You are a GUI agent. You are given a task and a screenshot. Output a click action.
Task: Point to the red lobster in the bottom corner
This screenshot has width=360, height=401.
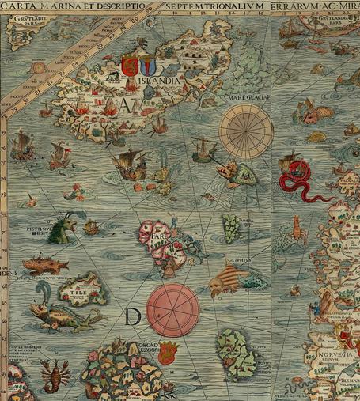(55, 376)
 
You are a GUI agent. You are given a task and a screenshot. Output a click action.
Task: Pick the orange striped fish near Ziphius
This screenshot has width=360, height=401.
(228, 279)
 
